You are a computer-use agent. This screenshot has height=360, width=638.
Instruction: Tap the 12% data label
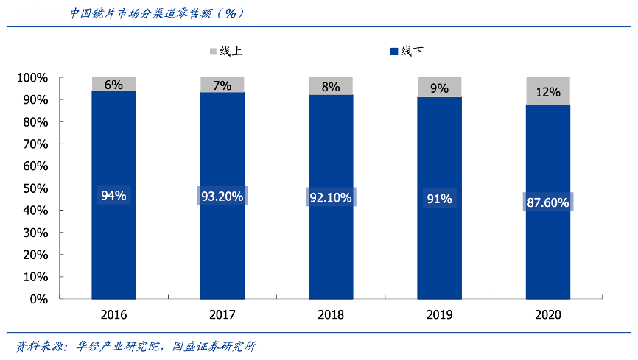[x=548, y=92]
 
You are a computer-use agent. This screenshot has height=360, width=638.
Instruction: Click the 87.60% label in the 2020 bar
[x=548, y=202]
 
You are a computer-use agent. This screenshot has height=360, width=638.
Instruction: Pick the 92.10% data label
[x=331, y=197]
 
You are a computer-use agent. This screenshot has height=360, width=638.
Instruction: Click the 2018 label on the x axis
[x=331, y=314]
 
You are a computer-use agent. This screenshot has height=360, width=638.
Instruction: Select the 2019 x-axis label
[x=439, y=314]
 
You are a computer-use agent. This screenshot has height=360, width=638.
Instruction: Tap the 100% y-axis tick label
[x=32, y=78]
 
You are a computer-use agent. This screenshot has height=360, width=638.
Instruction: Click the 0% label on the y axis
[x=38, y=300]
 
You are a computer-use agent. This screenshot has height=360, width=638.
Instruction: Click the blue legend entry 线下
[x=407, y=52]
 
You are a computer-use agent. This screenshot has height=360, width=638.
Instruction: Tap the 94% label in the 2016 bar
[x=113, y=196]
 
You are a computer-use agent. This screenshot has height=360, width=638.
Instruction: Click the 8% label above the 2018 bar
[x=331, y=87]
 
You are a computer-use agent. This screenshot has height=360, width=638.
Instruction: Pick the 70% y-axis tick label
[x=35, y=144]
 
